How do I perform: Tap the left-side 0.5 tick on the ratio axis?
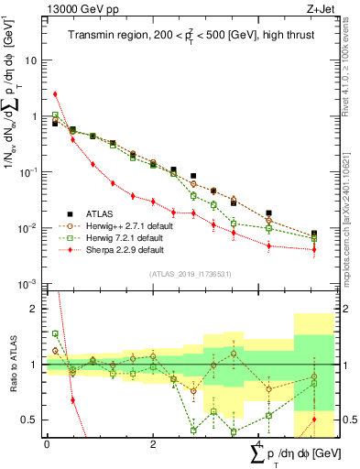point(30,420)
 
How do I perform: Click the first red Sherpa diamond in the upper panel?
point(56,93)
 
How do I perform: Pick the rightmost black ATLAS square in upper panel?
point(314,234)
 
